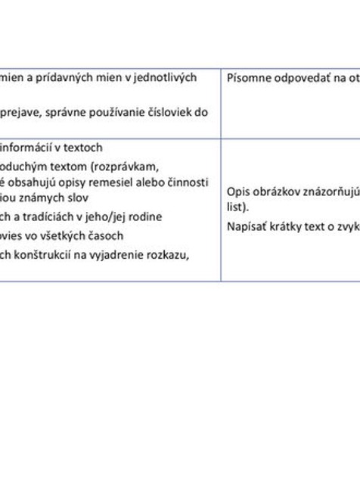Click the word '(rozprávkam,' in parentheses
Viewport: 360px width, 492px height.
click(x=126, y=165)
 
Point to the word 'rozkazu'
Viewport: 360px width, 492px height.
click(x=169, y=254)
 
